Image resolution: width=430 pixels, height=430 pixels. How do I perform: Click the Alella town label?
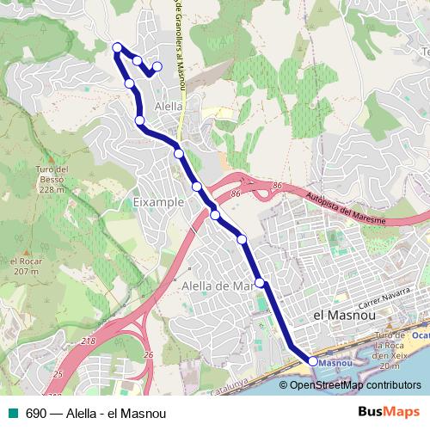tap(168, 106)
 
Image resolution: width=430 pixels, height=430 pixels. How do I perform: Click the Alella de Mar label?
tap(215, 285)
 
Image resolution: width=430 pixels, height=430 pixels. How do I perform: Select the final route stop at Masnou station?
tap(312, 362)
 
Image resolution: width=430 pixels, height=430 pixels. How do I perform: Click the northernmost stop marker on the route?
tap(118, 46)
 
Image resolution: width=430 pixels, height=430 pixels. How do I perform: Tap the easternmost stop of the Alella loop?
tap(157, 66)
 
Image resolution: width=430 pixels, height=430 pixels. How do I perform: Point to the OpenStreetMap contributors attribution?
tap(355, 384)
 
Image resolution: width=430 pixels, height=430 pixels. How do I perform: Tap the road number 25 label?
tap(57, 375)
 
